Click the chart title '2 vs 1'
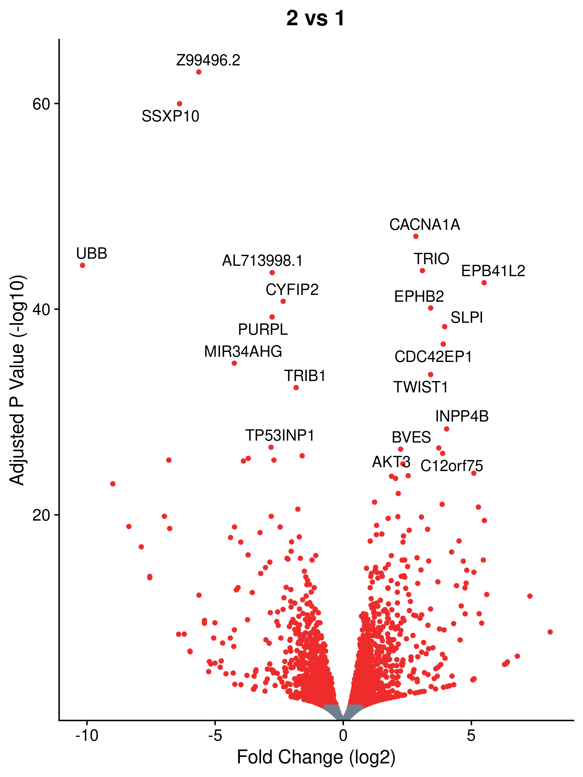point(315,18)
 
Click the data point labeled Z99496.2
point(199,72)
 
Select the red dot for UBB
point(83,265)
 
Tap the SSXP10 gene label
point(170,116)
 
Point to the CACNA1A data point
point(416,236)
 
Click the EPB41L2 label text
point(493,271)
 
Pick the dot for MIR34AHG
point(234,363)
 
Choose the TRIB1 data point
point(296,388)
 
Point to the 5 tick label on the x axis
point(471,735)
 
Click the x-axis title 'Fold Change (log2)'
point(316,757)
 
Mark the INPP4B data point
point(447,429)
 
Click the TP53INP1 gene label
point(280,435)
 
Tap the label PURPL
point(263,330)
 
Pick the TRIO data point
point(422,270)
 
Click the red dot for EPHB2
point(430,308)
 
